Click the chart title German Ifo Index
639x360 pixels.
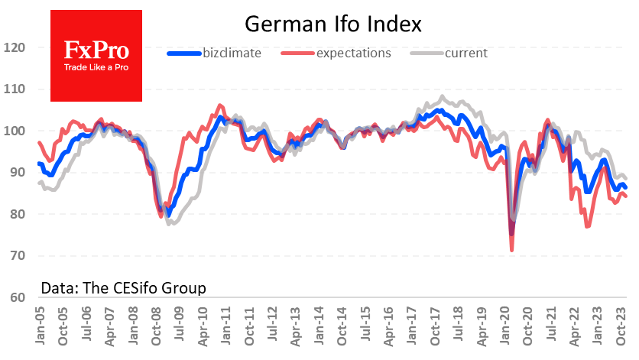coord(332,24)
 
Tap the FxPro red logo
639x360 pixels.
coord(96,55)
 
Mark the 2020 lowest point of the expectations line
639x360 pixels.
coord(511,249)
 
